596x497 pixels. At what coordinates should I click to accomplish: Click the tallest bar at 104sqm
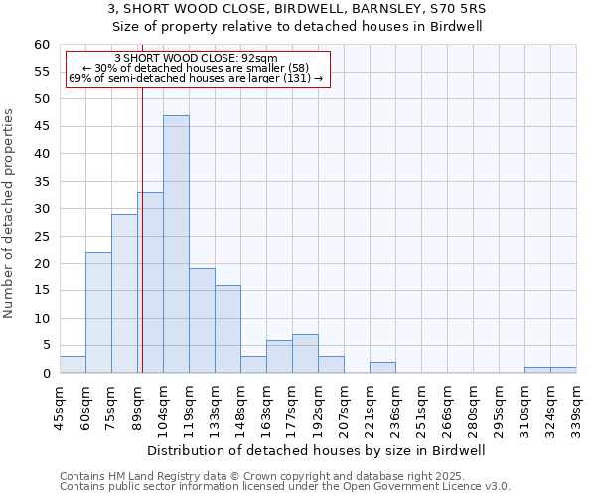point(176,244)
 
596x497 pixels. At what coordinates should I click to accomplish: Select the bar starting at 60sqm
point(98,312)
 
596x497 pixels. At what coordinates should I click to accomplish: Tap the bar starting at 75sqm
point(124,293)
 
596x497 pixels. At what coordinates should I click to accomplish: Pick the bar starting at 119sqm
point(202,320)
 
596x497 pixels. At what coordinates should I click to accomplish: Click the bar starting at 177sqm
point(305,354)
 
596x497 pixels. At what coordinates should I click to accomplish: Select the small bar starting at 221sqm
point(382,368)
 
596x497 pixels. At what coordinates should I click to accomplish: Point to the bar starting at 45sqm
point(73,365)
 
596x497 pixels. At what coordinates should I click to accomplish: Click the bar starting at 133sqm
point(227,329)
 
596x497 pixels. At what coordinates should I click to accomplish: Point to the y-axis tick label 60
point(42,45)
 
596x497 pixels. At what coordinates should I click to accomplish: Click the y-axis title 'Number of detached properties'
point(10,214)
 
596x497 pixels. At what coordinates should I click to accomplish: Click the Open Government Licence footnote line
point(285,487)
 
